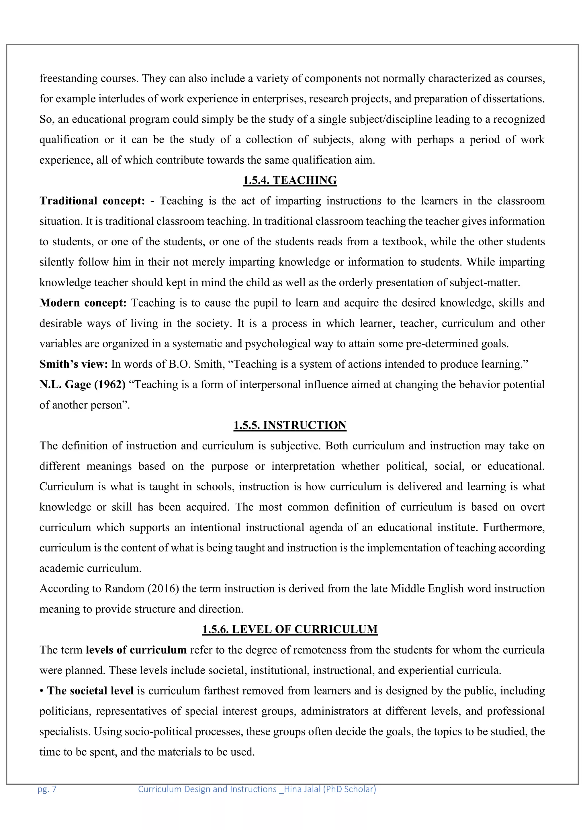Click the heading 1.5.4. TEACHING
(x=289, y=180)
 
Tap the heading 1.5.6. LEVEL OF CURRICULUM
(x=289, y=629)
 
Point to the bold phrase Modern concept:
(x=83, y=303)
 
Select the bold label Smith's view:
(x=74, y=364)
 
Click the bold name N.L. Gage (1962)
(x=83, y=385)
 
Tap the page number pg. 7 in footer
(x=47, y=789)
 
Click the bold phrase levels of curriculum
(x=136, y=650)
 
